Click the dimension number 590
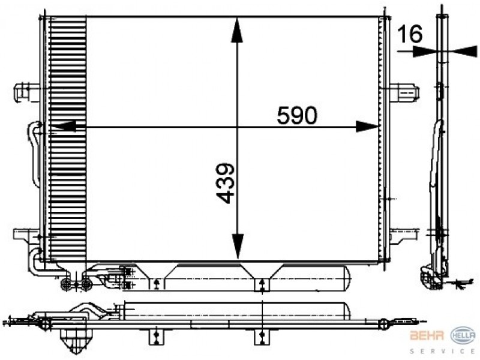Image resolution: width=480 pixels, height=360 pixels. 297,115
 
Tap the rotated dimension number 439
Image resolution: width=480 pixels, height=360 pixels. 226,183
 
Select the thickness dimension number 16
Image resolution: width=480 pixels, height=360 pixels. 410,34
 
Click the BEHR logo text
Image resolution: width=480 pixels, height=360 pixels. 427,335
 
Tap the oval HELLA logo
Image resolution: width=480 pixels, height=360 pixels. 463,335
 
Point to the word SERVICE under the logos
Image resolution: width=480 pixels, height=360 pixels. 442,351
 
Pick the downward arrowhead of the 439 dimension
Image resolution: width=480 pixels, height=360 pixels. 238,246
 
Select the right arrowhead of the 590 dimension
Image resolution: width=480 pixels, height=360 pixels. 367,127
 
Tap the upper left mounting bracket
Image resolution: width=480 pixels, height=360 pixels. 27,91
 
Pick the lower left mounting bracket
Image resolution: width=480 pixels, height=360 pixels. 26,236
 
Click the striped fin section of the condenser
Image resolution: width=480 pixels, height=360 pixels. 68,139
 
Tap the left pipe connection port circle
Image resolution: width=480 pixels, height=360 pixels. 66,284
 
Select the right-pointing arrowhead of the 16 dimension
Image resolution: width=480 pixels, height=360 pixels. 424,51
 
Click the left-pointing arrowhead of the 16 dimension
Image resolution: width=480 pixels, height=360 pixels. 464,51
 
